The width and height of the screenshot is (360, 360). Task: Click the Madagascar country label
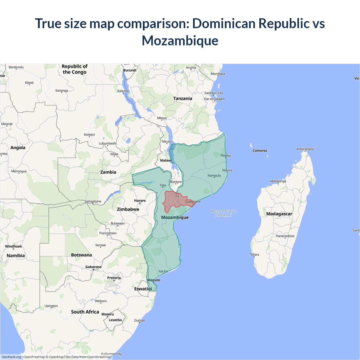tap(279, 214)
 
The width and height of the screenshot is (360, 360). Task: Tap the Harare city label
tap(140, 201)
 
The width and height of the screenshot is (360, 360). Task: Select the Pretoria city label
tap(114, 278)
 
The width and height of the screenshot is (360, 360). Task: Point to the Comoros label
tap(260, 151)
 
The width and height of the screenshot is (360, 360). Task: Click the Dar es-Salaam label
tap(214, 99)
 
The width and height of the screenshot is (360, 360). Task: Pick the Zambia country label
tap(108, 172)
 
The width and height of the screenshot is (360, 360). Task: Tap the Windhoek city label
tap(13, 246)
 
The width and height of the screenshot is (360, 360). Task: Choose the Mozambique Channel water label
tap(224, 213)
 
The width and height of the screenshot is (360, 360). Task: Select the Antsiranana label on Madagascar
tap(305, 149)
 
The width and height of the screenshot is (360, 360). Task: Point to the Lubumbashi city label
tap(107, 143)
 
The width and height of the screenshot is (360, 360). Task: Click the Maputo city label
tap(154, 280)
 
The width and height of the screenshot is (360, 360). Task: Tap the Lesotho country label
tap(115, 320)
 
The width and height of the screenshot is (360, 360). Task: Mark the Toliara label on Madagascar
tap(254, 255)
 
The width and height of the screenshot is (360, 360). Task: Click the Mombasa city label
tap(218, 74)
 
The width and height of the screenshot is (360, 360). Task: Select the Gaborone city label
tap(93, 267)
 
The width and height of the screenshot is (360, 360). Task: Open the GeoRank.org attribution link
tap(11, 357)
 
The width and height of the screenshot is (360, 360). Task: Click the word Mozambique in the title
tap(180, 40)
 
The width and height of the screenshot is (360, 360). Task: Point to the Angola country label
tap(18, 148)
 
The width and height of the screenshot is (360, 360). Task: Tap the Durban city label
tap(139, 320)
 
